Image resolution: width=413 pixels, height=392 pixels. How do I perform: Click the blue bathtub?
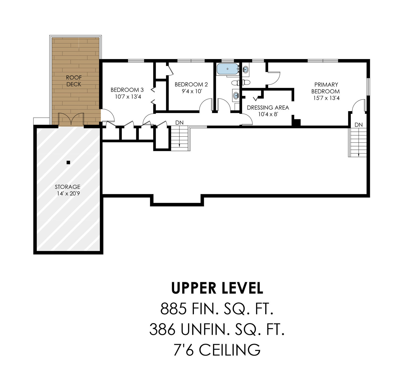point(227,69)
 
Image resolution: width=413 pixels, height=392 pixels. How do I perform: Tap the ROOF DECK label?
point(74,81)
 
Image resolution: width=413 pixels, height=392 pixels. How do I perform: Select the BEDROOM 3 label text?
point(127,90)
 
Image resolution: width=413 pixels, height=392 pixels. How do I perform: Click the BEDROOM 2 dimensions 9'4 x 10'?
point(191,91)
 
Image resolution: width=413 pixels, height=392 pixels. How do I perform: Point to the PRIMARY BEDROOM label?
point(326,88)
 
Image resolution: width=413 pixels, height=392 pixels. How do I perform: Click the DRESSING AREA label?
point(268,108)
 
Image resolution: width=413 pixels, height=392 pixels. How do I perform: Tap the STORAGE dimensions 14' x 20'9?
point(68,193)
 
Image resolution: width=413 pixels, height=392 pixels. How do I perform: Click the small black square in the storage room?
point(68,162)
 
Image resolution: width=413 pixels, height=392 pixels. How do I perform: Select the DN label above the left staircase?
point(179,123)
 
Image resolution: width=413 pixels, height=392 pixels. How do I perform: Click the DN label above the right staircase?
point(359,125)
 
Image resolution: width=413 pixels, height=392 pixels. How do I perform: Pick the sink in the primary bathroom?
point(246,69)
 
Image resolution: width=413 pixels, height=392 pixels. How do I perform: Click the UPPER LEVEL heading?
point(217,288)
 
